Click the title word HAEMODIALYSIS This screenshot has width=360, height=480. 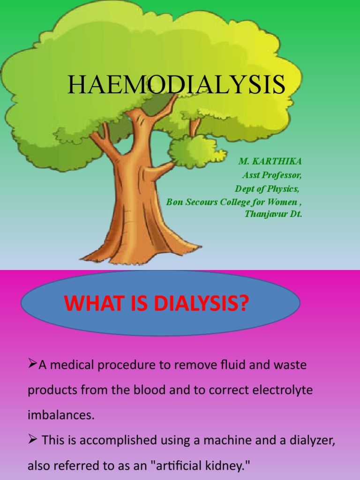pyautogui.click(x=176, y=85)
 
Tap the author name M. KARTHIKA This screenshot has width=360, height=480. pyautogui.click(x=270, y=161)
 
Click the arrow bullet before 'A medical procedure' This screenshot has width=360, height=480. pyautogui.click(x=33, y=364)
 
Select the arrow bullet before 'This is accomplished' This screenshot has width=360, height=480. pyautogui.click(x=33, y=440)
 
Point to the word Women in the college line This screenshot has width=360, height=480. pyautogui.click(x=282, y=202)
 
